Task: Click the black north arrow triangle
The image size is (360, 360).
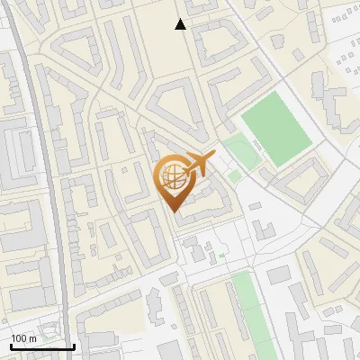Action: click(180, 25)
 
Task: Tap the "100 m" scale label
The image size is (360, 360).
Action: click(23, 337)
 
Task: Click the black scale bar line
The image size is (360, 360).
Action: click(42, 346)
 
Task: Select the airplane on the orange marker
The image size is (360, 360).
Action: click(200, 164)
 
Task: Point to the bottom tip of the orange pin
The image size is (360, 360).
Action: click(174, 211)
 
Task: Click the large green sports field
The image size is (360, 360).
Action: click(275, 131)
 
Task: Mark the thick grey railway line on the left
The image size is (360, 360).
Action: click(45, 180)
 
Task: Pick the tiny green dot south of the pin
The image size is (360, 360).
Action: click(220, 256)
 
